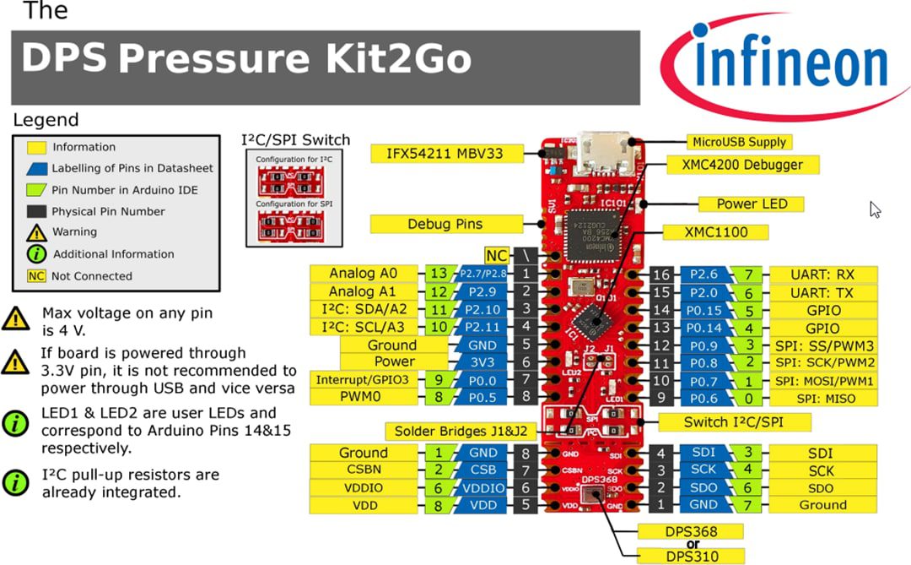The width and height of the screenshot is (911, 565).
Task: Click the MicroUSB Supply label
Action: tap(738, 142)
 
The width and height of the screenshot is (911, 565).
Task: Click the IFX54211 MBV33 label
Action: tap(446, 154)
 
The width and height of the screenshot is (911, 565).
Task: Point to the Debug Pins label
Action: tap(445, 224)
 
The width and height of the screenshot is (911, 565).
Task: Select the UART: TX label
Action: tap(822, 292)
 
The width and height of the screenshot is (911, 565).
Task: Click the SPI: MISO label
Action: tap(822, 399)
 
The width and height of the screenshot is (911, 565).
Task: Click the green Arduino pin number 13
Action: tap(438, 274)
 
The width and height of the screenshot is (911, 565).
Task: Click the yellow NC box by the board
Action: tap(496, 255)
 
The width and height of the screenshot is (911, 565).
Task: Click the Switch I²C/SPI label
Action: tap(736, 421)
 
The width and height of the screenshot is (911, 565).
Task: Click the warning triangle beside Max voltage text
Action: tap(15, 318)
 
